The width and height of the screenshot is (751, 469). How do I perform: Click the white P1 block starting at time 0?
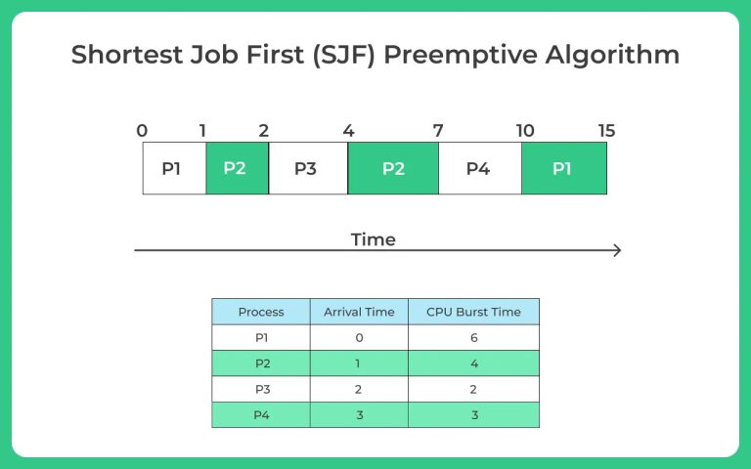tap(174, 168)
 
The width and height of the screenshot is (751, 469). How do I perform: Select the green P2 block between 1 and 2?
tap(237, 168)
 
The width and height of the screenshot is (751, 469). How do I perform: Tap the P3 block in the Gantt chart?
tap(308, 168)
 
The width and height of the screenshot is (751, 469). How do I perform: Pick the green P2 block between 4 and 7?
tap(393, 168)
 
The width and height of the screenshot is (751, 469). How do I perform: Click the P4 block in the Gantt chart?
tap(480, 168)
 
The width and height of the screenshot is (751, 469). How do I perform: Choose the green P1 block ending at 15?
tap(564, 168)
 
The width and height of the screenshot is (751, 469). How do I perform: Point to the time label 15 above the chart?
tap(606, 131)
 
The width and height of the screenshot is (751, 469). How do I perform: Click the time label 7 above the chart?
tap(438, 131)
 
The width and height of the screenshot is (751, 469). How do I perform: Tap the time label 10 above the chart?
tap(525, 131)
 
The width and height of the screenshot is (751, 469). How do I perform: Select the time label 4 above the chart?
tap(348, 131)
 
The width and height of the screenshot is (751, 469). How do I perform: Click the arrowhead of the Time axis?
tap(618, 250)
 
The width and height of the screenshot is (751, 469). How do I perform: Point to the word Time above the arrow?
tap(374, 239)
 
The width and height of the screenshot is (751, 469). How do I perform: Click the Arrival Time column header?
tap(359, 312)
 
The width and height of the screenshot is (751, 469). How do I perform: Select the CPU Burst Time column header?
tap(473, 312)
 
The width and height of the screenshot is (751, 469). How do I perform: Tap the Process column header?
tap(261, 312)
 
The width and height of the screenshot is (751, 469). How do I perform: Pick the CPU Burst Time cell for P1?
tap(473, 338)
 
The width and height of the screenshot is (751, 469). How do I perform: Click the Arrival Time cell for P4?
tap(359, 415)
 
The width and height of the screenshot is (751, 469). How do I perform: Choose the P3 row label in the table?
tap(262, 389)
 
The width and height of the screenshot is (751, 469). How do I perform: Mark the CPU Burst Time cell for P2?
tap(473, 363)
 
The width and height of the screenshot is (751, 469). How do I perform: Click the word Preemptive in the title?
tap(461, 55)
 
